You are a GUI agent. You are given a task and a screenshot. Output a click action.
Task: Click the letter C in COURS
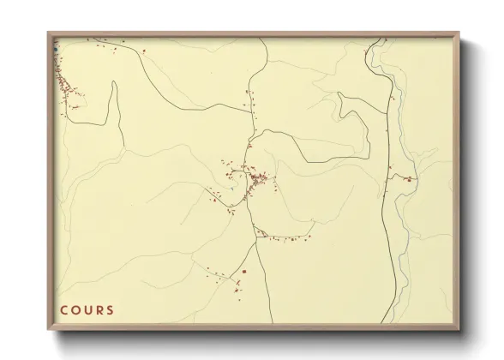(x=63, y=310)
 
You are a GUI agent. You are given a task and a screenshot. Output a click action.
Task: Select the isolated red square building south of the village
(x=244, y=272)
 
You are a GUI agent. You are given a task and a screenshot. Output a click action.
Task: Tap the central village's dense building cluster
(x=257, y=179)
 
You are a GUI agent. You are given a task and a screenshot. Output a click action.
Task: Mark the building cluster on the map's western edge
(x=64, y=84)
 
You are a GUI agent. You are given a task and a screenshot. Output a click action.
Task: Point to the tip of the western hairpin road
(x=113, y=83)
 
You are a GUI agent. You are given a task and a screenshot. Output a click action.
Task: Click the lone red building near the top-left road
(x=144, y=51)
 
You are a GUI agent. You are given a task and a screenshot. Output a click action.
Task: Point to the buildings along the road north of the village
(x=249, y=103)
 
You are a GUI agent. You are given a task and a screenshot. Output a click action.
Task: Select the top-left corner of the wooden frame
(x=49, y=33)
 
